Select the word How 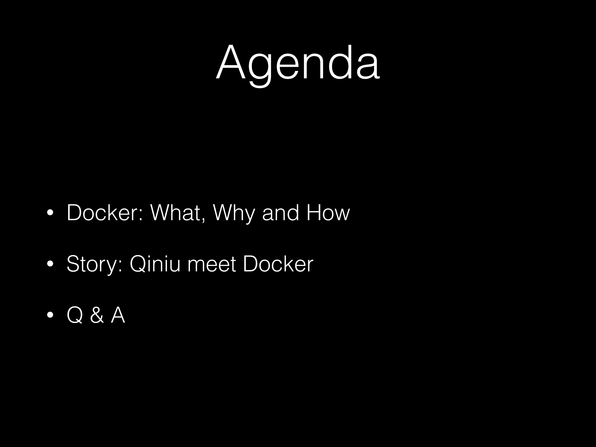pos(328,213)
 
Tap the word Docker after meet pos(278,264)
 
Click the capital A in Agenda pos(231,63)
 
